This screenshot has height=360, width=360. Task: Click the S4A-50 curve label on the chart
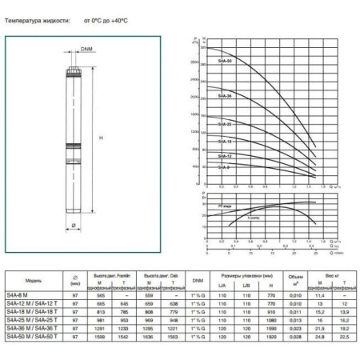(226, 62)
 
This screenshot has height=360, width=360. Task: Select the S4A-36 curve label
(226, 97)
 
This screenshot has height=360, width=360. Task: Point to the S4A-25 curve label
(226, 125)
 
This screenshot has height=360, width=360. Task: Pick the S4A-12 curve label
(226, 155)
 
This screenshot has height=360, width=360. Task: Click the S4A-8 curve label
(225, 167)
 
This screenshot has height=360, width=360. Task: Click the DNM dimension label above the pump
(86, 50)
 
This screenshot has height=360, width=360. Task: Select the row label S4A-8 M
(28, 296)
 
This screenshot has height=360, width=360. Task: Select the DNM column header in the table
(198, 281)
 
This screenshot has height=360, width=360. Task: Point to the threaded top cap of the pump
(74, 73)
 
